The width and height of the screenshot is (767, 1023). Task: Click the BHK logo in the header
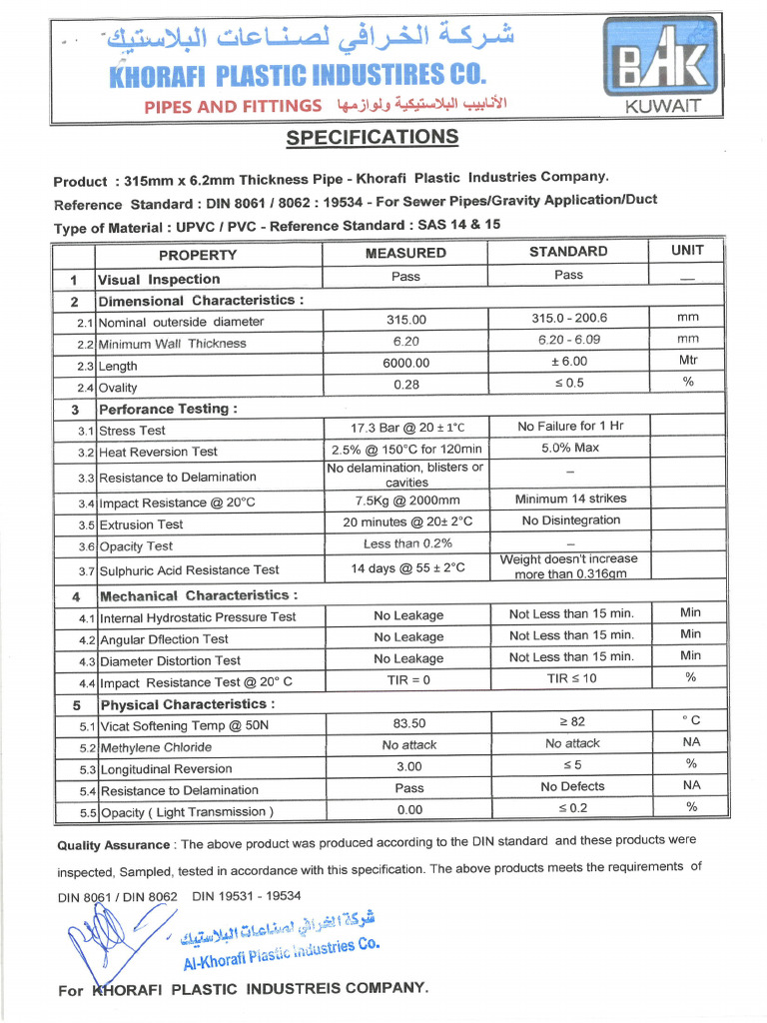click(x=660, y=64)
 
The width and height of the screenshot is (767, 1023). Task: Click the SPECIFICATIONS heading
click(x=372, y=138)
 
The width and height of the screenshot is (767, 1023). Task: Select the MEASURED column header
click(x=405, y=253)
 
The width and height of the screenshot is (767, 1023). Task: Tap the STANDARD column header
click(x=568, y=252)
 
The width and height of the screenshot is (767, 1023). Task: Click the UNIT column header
click(x=687, y=250)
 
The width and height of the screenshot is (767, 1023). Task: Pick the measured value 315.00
click(x=405, y=320)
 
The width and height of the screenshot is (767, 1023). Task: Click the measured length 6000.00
click(x=405, y=363)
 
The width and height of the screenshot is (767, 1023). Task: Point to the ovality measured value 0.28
click(x=405, y=385)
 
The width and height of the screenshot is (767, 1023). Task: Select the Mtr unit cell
click(x=688, y=361)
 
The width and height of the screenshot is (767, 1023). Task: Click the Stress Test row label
click(x=132, y=431)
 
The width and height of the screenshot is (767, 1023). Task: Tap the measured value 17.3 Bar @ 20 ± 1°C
click(x=405, y=428)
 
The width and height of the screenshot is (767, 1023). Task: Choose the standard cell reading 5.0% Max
click(x=570, y=448)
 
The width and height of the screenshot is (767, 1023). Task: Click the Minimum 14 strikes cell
click(x=570, y=499)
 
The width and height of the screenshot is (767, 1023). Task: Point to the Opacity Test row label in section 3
click(x=136, y=546)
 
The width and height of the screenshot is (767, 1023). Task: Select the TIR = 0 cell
click(x=407, y=679)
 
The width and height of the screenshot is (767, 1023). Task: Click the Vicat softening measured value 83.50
click(x=408, y=723)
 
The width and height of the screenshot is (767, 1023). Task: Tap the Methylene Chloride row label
click(x=156, y=747)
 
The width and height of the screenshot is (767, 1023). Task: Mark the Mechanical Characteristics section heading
click(x=197, y=595)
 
